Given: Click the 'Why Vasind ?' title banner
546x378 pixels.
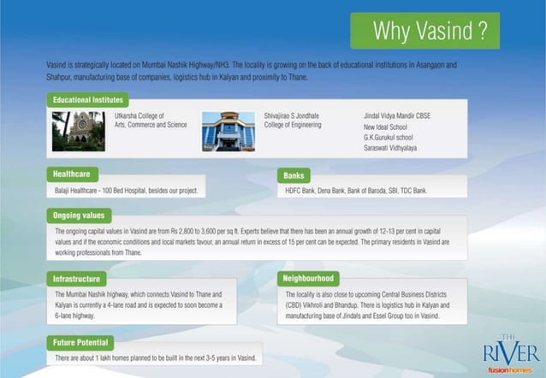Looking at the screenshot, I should click(x=424, y=32).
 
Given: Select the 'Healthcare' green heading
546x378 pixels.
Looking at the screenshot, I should click(x=72, y=174).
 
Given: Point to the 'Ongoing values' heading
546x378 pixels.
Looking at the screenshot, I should click(x=80, y=216).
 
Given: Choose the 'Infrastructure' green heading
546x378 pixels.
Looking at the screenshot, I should click(x=78, y=279).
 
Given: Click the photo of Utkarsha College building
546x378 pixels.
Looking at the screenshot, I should click(x=78, y=131).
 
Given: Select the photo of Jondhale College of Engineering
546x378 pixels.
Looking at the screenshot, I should click(x=228, y=131).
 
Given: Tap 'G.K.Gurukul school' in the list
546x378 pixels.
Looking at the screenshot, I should click(x=388, y=137).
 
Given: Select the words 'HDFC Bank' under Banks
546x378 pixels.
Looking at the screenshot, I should click(x=300, y=191).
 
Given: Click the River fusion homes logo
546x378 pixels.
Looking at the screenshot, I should click(x=511, y=353).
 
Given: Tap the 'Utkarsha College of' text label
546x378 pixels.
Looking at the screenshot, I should click(x=139, y=115).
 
